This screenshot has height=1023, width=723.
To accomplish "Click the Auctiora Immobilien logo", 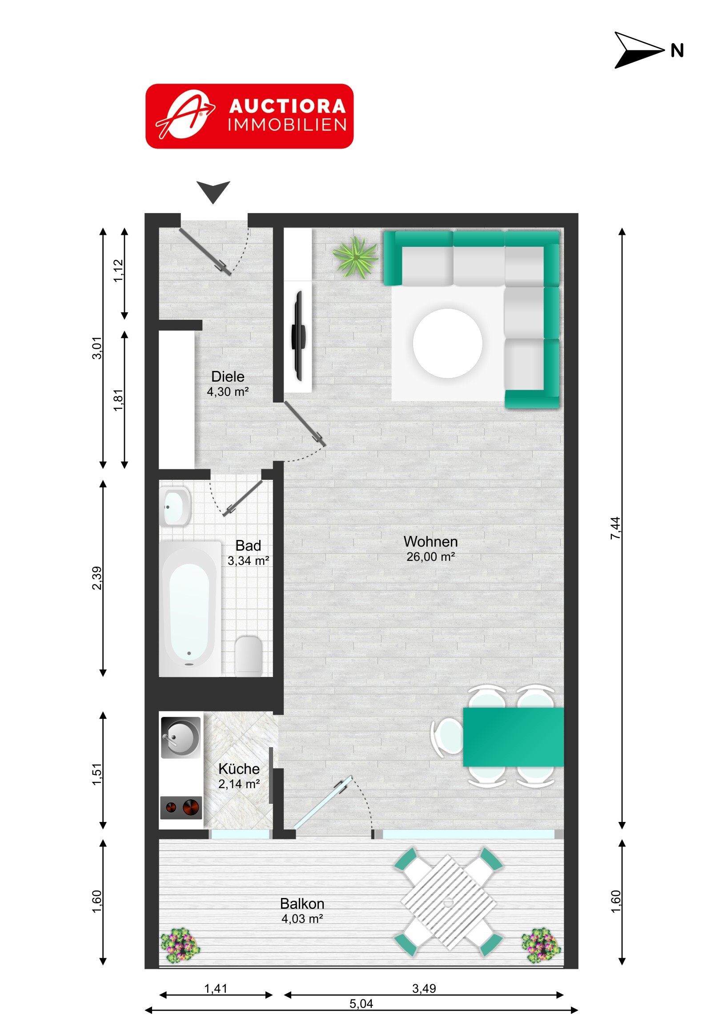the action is [x=249, y=116].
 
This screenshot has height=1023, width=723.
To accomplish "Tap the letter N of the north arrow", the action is [x=677, y=51].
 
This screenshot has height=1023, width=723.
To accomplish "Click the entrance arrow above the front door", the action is [x=213, y=192].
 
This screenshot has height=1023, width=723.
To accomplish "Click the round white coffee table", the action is [x=447, y=343].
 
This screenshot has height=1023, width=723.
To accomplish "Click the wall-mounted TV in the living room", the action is [x=299, y=335].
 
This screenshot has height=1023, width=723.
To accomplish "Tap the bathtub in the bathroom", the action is [x=190, y=608].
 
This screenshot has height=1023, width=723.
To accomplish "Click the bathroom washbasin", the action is [x=175, y=507].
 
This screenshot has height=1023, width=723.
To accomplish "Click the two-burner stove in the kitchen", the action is [x=181, y=807].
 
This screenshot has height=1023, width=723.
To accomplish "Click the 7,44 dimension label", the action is [x=615, y=528].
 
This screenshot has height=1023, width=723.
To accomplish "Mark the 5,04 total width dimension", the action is [x=361, y=1003].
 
